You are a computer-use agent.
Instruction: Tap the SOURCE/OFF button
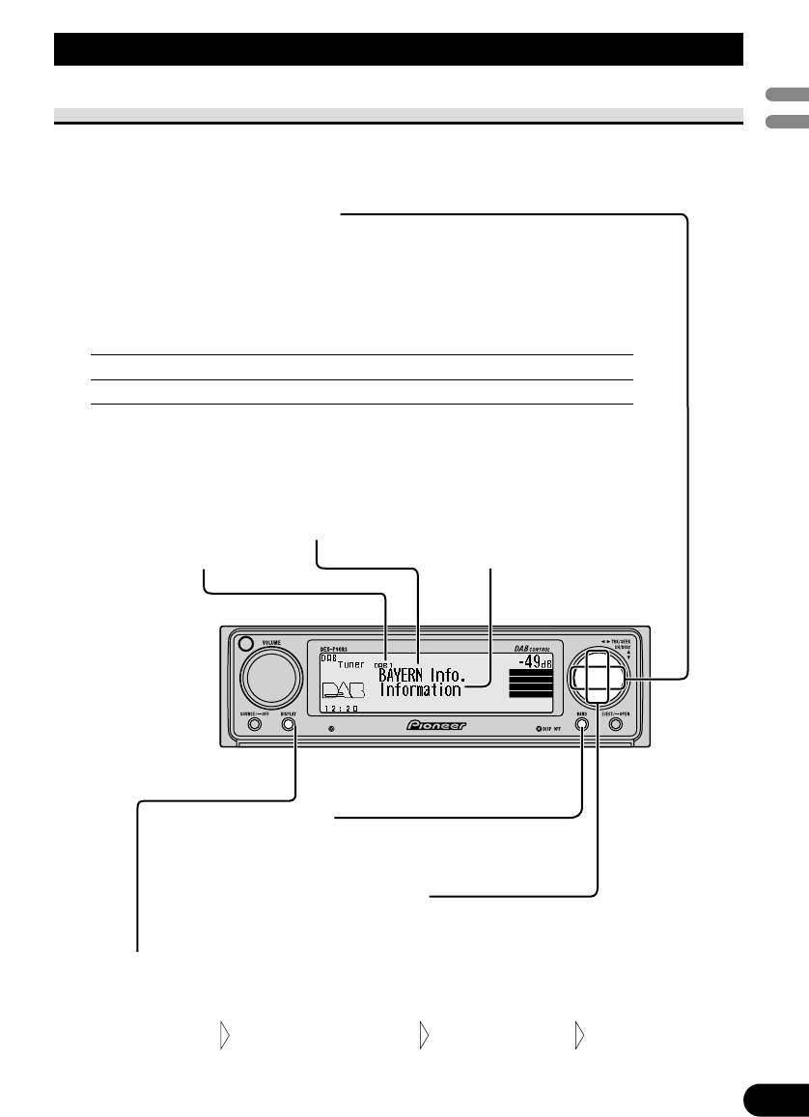click(254, 724)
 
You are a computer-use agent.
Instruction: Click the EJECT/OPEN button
click(616, 724)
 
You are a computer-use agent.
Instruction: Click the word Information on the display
click(420, 691)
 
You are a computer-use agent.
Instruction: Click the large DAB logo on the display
click(344, 690)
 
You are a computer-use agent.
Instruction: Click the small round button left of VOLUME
click(244, 645)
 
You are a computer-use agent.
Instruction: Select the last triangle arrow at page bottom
click(579, 1037)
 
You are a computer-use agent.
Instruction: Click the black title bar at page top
click(398, 48)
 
